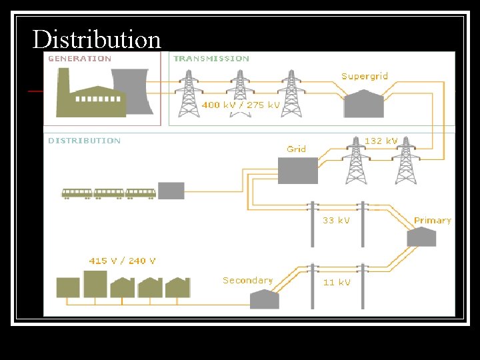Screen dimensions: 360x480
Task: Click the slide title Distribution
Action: point(97,39)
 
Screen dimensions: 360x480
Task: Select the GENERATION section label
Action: point(79,59)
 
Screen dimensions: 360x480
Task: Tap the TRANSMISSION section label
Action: point(211,59)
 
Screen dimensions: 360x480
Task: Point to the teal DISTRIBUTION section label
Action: point(84,141)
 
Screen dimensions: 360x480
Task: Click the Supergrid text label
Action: point(365,77)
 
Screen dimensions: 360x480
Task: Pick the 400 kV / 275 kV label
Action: point(241,105)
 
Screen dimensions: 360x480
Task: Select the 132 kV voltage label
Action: point(381,141)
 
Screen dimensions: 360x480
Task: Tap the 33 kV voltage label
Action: point(336,220)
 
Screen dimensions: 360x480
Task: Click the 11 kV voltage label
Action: point(336,283)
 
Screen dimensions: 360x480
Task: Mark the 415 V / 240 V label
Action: point(123,261)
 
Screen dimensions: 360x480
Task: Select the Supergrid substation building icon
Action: point(363,104)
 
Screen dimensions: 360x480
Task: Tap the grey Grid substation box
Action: point(298,171)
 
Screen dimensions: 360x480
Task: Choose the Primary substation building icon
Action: point(422,237)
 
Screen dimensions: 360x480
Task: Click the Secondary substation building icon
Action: point(264,299)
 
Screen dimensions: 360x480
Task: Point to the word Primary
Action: point(432,221)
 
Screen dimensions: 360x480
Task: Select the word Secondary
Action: point(247,281)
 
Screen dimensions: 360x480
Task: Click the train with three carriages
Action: point(109,193)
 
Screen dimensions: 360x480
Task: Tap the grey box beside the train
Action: point(171,191)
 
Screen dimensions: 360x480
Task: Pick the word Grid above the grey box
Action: point(296,149)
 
